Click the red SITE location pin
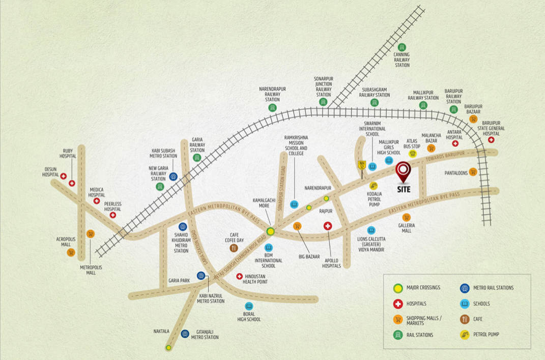(403, 171)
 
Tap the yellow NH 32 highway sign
(362, 165)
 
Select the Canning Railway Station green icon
(401, 47)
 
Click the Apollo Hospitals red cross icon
(328, 226)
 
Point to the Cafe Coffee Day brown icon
(234, 248)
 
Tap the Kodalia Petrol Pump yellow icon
(373, 186)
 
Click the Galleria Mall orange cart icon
(406, 217)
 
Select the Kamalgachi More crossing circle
(271, 231)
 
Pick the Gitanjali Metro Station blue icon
(185, 334)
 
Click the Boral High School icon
(249, 306)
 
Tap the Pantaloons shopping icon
(473, 172)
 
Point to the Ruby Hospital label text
(68, 153)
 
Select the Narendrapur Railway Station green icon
(272, 108)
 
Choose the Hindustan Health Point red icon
(239, 277)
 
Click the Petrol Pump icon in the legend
(464, 335)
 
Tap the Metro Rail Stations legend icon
(464, 288)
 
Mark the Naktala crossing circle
(168, 348)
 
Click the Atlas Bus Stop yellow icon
(412, 154)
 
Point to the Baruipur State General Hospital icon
(491, 140)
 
